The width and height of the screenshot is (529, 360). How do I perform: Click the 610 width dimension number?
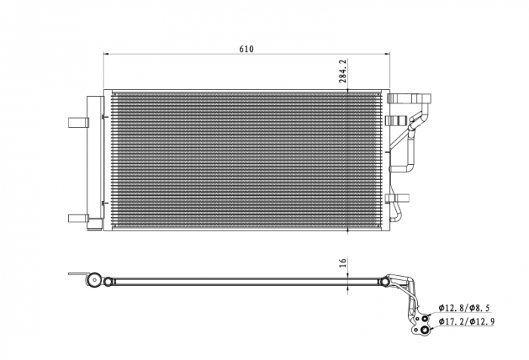tap(246, 48)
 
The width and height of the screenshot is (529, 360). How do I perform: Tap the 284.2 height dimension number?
tap(342, 70)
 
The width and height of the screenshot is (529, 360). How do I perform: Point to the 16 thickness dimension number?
tap(342, 263)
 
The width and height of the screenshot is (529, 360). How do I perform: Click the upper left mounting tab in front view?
tap(77, 122)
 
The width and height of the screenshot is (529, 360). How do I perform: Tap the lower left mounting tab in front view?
tap(77, 218)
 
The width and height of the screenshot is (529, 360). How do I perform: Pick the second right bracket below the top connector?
tap(395, 121)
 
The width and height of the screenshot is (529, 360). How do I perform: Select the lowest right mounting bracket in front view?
tap(394, 199)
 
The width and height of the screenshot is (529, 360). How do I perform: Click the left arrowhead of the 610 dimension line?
tap(105, 54)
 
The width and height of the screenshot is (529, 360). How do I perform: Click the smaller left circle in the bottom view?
tap(109, 282)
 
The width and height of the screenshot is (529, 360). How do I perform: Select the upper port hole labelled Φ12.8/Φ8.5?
tap(425, 308)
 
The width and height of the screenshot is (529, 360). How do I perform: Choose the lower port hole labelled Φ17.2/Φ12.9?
tap(425, 321)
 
